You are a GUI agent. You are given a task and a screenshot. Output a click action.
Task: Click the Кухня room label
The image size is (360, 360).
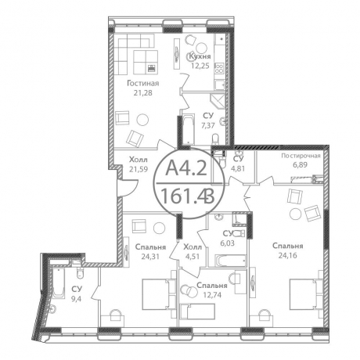coord(200,56)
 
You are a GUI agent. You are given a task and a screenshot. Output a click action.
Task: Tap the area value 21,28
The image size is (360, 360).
coord(142,93)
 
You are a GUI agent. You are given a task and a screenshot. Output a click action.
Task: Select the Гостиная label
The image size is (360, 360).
coord(142,84)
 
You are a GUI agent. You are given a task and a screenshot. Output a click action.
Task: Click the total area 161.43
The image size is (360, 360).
coord(188,196)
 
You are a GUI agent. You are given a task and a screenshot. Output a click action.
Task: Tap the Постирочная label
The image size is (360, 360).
coord(301,156)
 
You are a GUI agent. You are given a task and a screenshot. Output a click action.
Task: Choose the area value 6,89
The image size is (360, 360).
coord(301,164)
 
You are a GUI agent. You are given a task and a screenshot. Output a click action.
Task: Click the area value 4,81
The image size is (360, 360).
coord(237,168)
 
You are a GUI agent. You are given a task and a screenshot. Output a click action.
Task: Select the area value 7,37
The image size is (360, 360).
coord(208,126)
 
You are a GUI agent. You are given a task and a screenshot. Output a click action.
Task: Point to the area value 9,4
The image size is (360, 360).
coord(77,299)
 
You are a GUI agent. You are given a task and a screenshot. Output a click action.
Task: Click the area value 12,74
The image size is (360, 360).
coord(211,295)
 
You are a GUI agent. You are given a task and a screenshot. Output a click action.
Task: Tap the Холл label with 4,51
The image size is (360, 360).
coord(193,247)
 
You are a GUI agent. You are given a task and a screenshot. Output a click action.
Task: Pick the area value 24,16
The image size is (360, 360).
coord(288,255)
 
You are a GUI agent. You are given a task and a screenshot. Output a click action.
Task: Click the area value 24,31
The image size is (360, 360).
coord(150,257)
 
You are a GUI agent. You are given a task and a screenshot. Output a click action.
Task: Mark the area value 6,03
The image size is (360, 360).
coord(228,243)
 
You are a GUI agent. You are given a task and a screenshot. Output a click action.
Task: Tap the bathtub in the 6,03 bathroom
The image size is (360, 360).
coord(231,261)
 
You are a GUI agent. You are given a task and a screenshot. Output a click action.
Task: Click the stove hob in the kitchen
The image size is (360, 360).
coord(219,67)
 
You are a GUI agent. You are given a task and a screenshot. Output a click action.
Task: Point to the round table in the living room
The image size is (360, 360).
coord(142,121)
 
